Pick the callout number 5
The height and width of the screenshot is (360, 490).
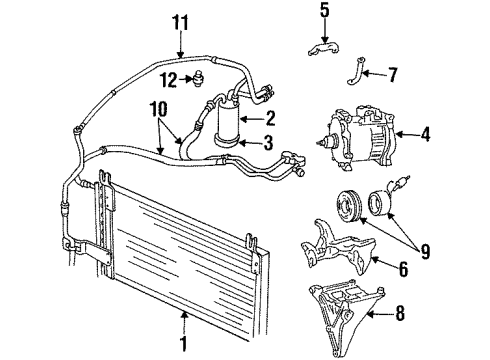pos(323,13)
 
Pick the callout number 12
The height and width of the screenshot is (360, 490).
pos(171,78)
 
